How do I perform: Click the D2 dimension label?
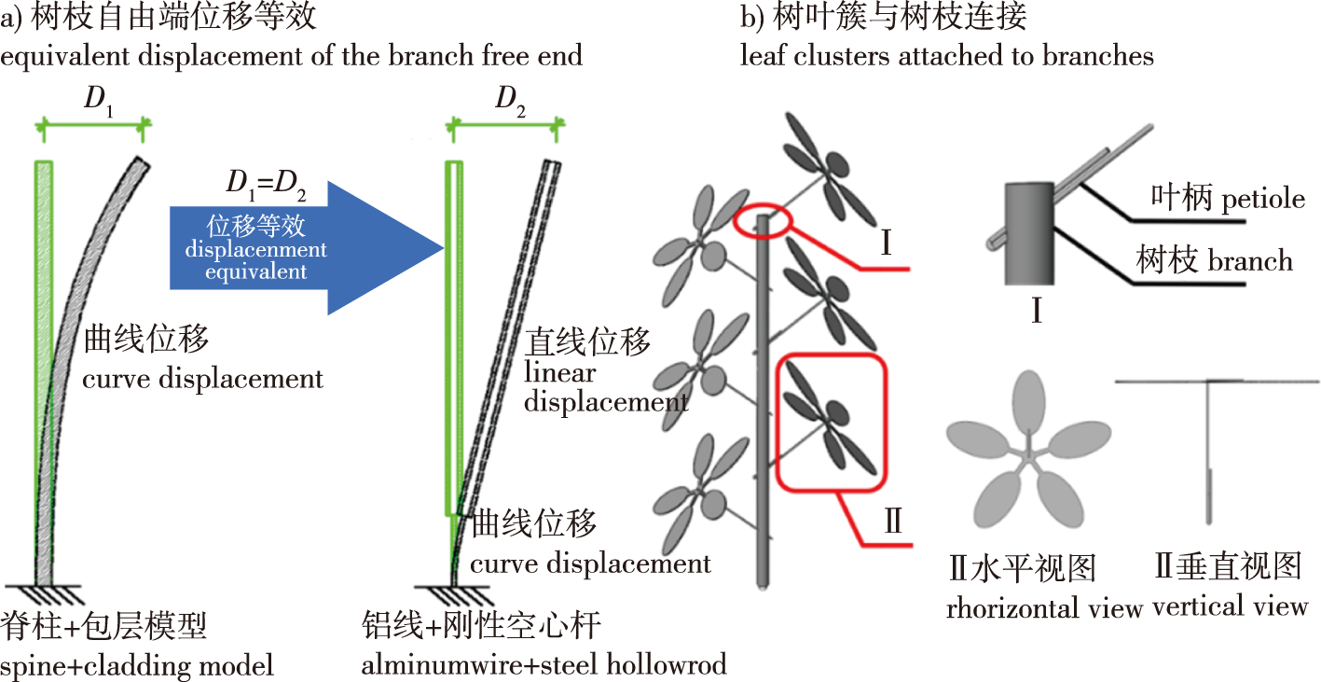tap(509, 104)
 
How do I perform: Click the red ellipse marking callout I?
tap(763, 221)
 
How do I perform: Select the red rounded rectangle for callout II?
tap(832, 422)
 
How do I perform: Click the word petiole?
tap(1265, 198)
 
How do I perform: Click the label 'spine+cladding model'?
tap(137, 665)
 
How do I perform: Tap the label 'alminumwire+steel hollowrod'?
tap(545, 665)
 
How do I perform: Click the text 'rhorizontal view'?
tap(1044, 609)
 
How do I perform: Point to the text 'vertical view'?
tap(1231, 606)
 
